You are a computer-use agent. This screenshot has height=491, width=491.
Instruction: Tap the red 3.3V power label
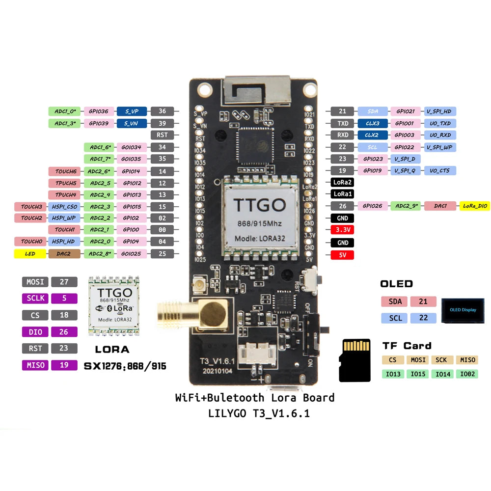(x=342, y=230)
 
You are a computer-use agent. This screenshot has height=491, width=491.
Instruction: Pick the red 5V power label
(x=342, y=255)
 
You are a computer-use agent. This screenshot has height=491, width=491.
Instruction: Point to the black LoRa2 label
(x=342, y=182)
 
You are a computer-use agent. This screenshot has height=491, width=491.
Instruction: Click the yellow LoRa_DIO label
(x=474, y=206)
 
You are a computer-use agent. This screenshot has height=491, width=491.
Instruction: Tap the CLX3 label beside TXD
(x=372, y=123)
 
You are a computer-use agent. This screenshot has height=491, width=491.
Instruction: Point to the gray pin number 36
(x=163, y=111)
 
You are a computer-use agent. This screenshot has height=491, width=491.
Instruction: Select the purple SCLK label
(x=35, y=299)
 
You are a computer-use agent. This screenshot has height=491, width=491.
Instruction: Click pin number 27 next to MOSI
(x=64, y=282)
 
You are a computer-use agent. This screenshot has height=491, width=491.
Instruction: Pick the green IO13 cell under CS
(x=393, y=374)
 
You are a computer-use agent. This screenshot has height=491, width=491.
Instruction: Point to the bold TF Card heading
(x=407, y=346)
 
